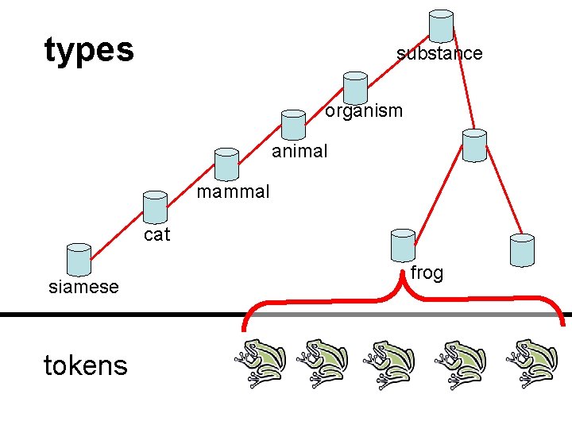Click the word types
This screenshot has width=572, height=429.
[x=89, y=50]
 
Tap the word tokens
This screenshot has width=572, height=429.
[x=85, y=365]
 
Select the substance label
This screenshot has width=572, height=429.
[x=439, y=53]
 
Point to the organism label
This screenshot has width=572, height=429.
[x=364, y=110]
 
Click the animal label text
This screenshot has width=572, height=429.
[x=300, y=151]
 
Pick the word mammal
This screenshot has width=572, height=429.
[x=233, y=191]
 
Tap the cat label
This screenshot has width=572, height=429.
[x=157, y=234]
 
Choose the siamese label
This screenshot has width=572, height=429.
[x=83, y=287]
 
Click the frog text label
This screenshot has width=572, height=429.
[x=427, y=273]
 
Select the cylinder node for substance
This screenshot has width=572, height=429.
[x=441, y=26]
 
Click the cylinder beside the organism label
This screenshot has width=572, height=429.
[x=355, y=87]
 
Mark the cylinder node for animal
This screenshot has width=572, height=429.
[x=294, y=124]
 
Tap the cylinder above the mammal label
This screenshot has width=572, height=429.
[x=226, y=164]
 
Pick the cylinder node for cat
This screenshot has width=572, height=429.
[x=155, y=207]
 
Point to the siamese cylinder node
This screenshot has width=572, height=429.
[x=79, y=259]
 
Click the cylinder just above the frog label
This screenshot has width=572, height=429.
[x=404, y=245]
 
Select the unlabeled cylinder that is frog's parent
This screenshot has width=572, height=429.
[x=474, y=145]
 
